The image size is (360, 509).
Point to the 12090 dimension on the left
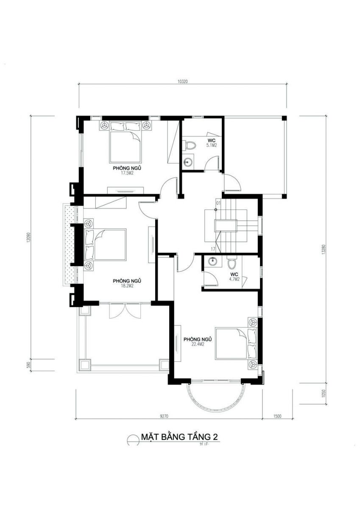(28, 237)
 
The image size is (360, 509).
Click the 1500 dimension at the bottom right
(277, 417)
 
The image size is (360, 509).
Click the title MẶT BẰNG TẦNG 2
(180, 437)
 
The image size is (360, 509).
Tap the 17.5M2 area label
(127, 173)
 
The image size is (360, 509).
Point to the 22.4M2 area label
(197, 345)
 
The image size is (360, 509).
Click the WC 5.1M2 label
(212, 143)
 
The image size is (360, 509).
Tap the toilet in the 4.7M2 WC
(232, 264)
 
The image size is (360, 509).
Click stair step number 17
(213, 249)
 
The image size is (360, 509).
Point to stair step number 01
(218, 203)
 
